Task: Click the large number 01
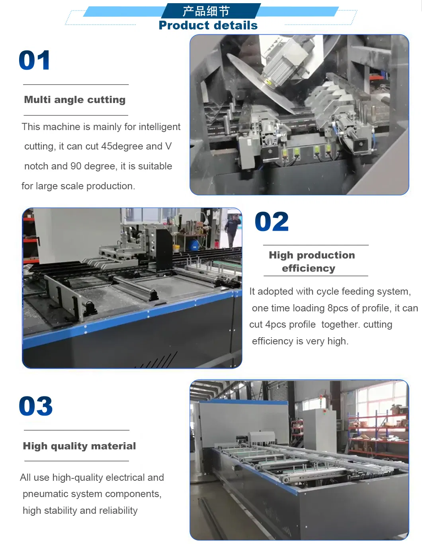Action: point(35,61)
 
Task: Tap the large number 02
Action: point(272,222)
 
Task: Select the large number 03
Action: point(36,406)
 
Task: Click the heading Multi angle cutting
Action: point(75,100)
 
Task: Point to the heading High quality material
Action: point(79,446)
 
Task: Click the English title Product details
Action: point(208,25)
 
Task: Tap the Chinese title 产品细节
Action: point(206,11)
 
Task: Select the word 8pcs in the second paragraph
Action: point(338,308)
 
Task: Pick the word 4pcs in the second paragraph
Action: point(276,324)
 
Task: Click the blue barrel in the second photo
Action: point(194,244)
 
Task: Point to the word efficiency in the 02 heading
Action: point(309,268)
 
